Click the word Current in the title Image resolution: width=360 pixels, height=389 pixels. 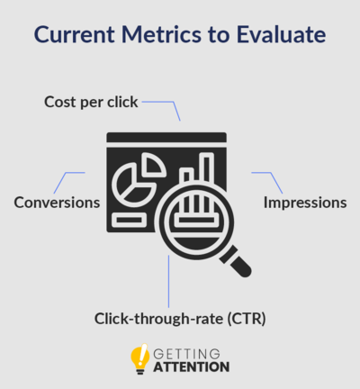(x=75, y=34)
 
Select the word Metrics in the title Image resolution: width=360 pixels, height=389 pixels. (x=161, y=34)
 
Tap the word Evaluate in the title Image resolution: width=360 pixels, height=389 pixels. (x=281, y=34)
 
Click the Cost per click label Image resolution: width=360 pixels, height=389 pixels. (x=91, y=103)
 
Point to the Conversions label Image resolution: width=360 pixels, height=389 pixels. (x=57, y=203)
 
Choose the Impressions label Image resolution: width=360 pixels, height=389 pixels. (x=305, y=203)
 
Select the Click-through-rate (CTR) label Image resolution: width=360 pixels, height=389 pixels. (x=180, y=319)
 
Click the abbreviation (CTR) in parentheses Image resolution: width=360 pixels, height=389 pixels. (x=247, y=319)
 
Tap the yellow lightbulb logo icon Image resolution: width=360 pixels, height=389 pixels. (x=140, y=359)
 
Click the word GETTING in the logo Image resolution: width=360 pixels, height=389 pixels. (x=186, y=354)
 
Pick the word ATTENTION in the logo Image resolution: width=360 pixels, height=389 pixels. (x=192, y=367)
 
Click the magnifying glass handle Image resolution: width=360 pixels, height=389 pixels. (x=236, y=261)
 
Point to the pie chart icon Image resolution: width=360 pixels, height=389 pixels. (x=134, y=185)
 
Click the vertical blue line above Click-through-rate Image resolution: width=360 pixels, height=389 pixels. (x=168, y=281)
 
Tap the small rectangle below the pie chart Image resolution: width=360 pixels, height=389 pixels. (x=129, y=220)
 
